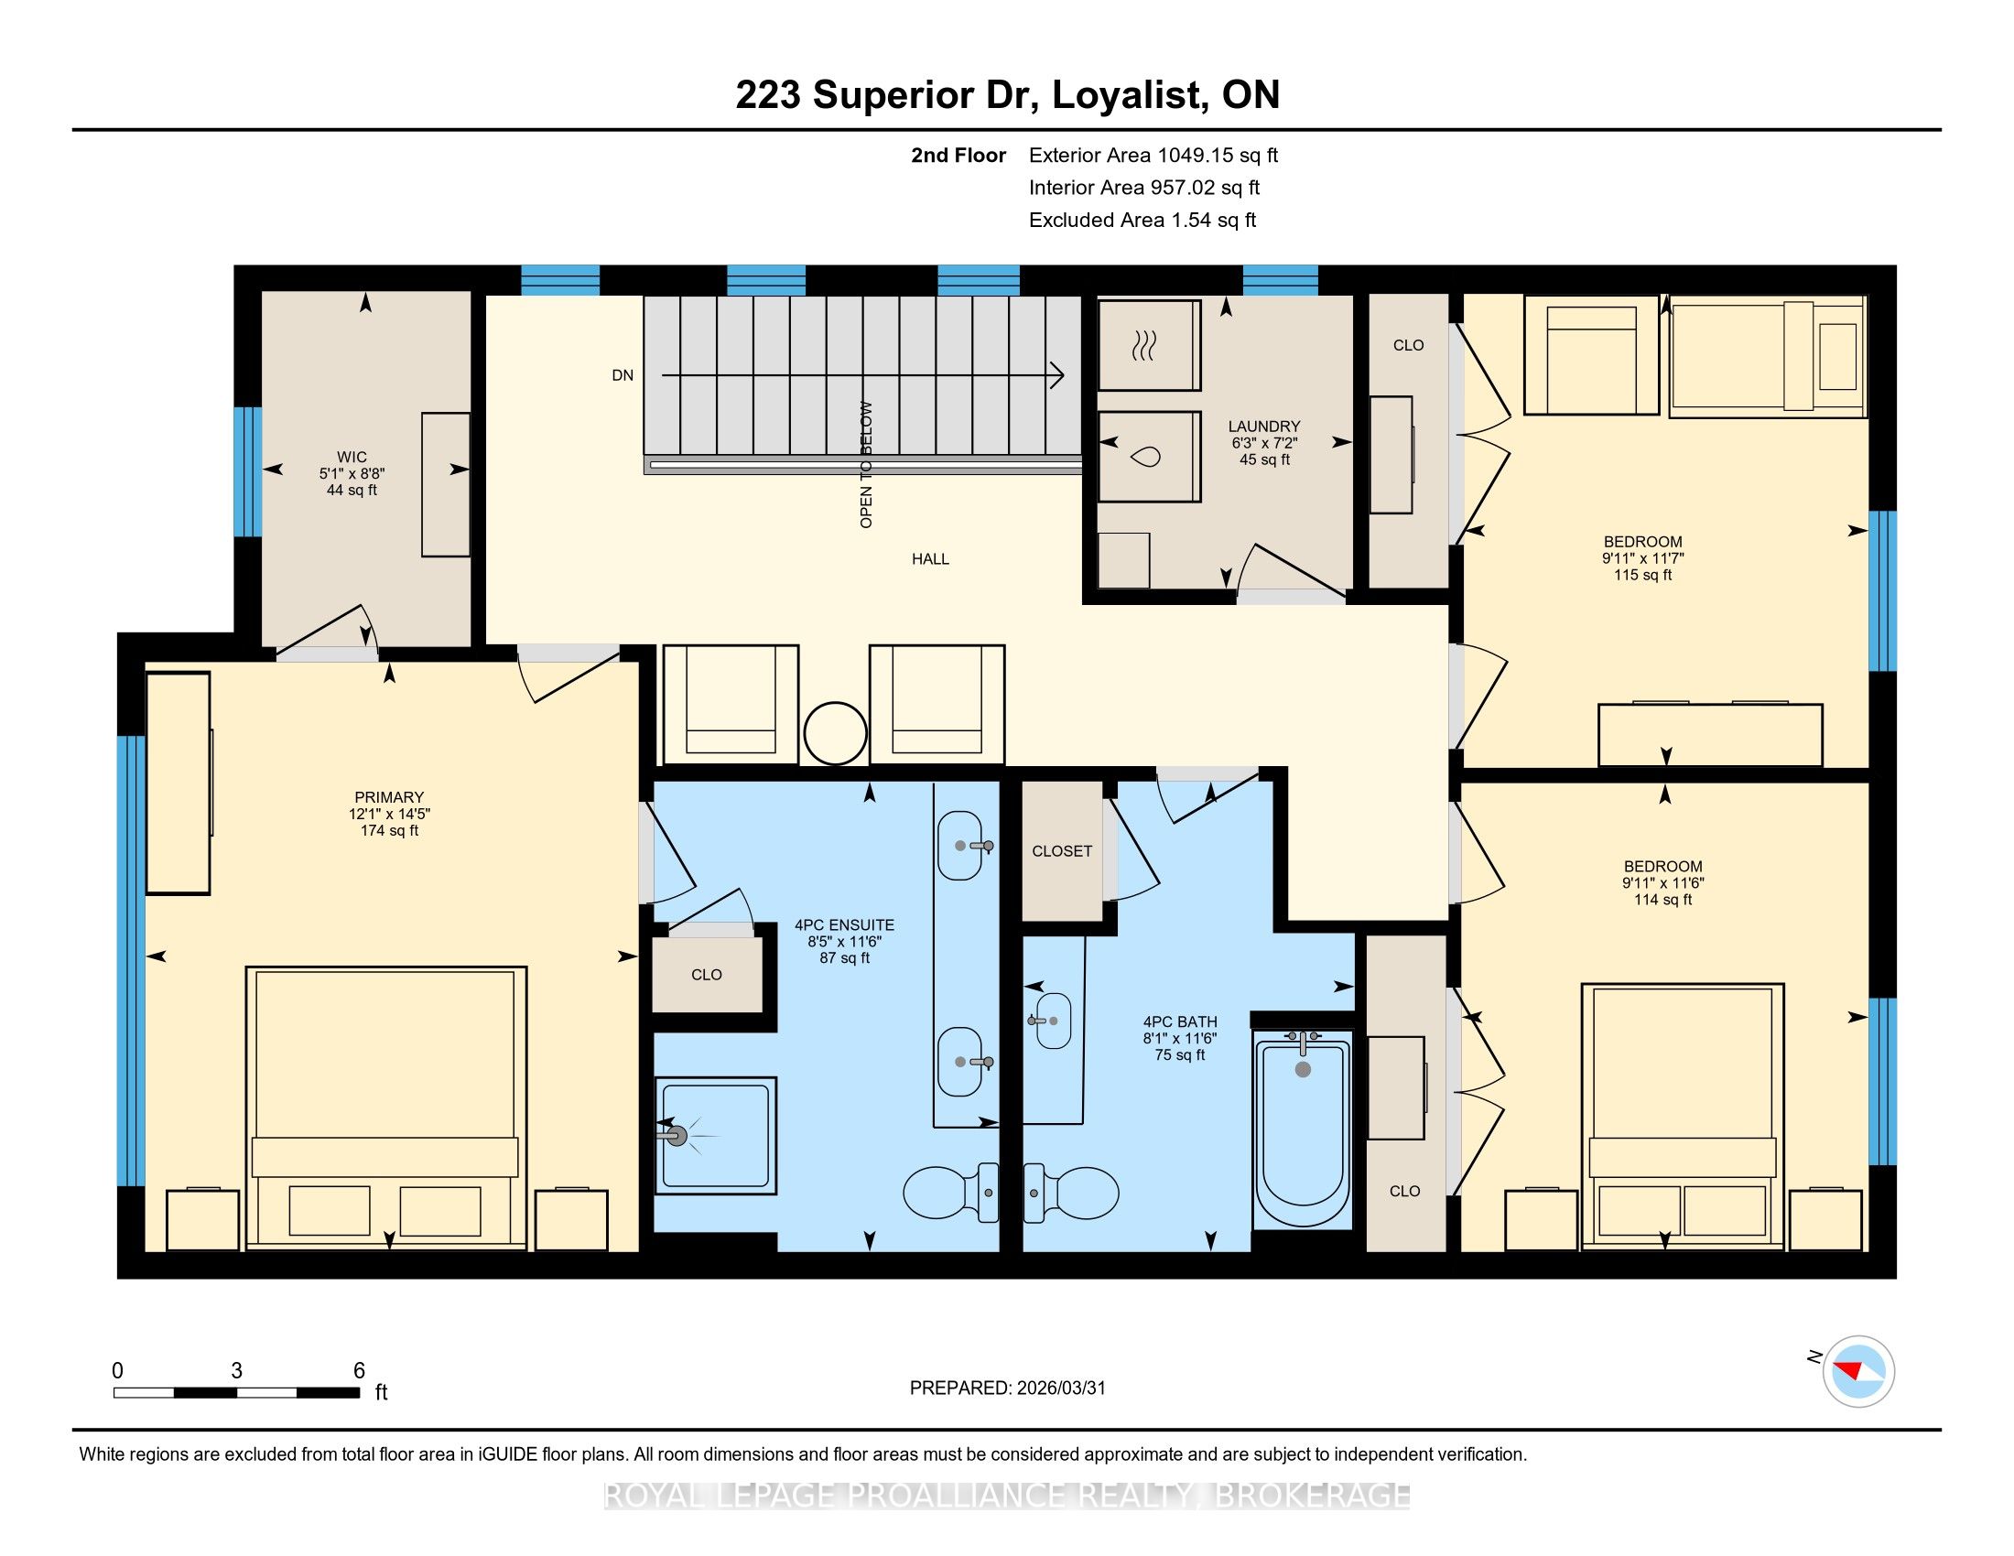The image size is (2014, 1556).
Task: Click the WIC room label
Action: [x=352, y=458]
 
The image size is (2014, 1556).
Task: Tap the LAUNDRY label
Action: [x=1263, y=426]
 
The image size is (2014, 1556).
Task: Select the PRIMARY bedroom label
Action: [x=389, y=797]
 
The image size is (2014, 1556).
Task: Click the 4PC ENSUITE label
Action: [x=845, y=925]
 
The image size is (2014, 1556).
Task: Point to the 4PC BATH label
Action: [x=1180, y=1021]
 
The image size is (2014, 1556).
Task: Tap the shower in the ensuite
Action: [x=716, y=1135]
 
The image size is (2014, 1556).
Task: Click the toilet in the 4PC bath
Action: [x=1071, y=1193]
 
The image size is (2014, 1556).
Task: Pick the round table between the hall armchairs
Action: [x=836, y=734]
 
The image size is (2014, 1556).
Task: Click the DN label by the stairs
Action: [x=623, y=375]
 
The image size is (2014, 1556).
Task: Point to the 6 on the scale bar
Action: [x=360, y=1371]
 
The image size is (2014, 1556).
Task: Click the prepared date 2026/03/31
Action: [x=1059, y=1389]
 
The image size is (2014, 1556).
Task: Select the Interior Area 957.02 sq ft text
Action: [x=1144, y=188]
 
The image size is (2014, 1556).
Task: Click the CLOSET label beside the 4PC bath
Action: [x=1062, y=852]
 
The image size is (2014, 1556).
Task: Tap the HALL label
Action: [x=930, y=558]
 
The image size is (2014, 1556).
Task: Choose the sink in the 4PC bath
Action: [x=1053, y=1021]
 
